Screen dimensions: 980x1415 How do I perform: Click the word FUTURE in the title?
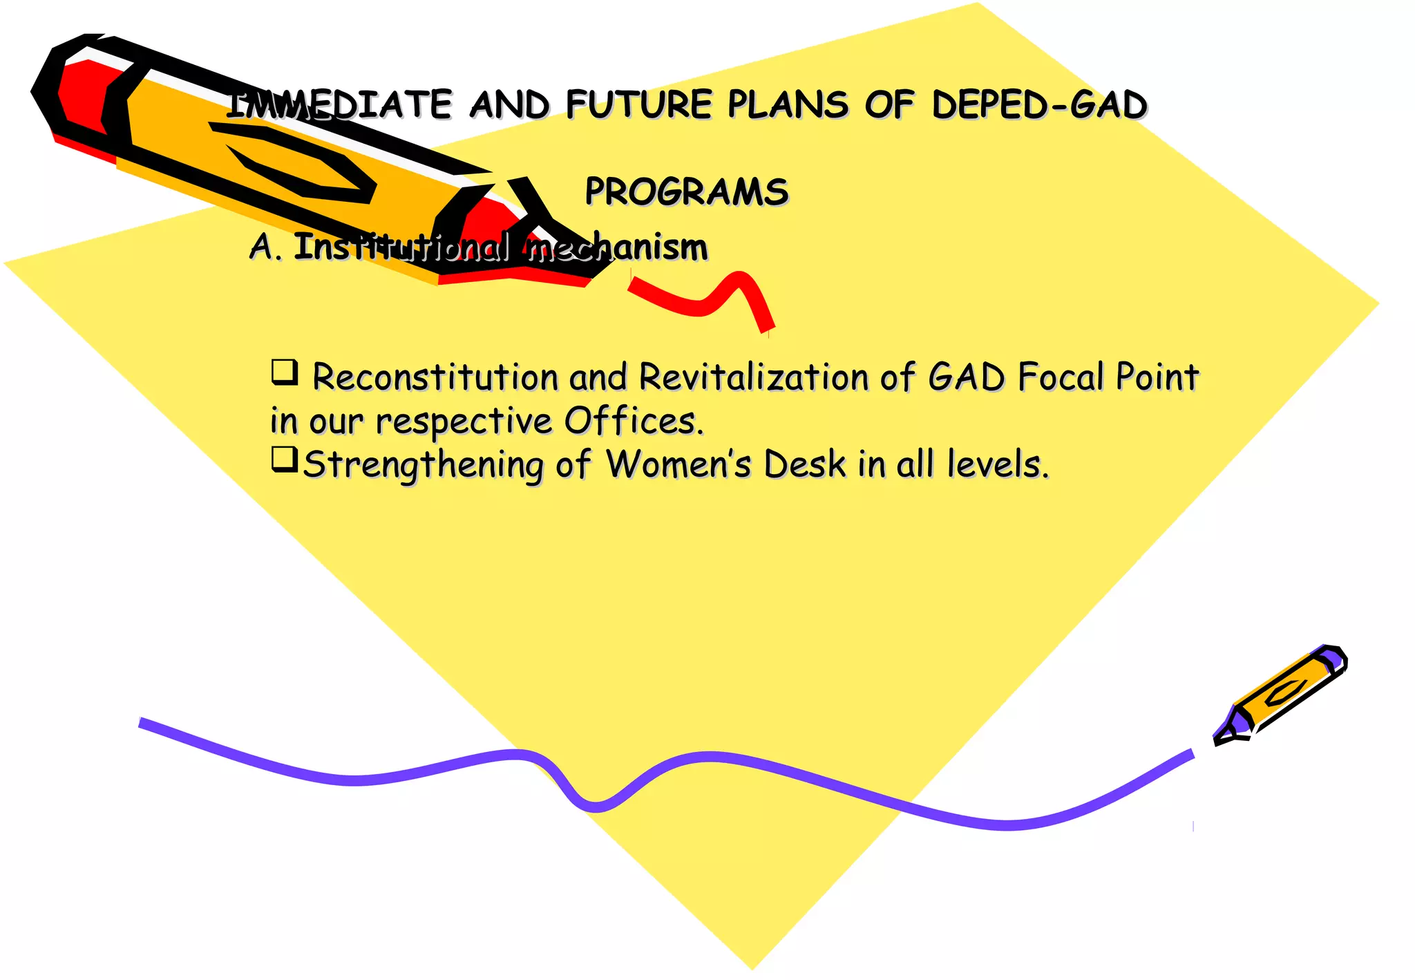(638, 105)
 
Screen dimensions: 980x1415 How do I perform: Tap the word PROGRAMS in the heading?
(686, 192)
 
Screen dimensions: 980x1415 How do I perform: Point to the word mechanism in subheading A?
(617, 247)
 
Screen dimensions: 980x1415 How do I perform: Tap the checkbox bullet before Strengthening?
(284, 459)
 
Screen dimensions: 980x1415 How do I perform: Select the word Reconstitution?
(435, 377)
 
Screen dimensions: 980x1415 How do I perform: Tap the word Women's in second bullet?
(678, 464)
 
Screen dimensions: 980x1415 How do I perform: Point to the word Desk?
(804, 464)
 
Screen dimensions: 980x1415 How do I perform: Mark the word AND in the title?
(509, 105)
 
